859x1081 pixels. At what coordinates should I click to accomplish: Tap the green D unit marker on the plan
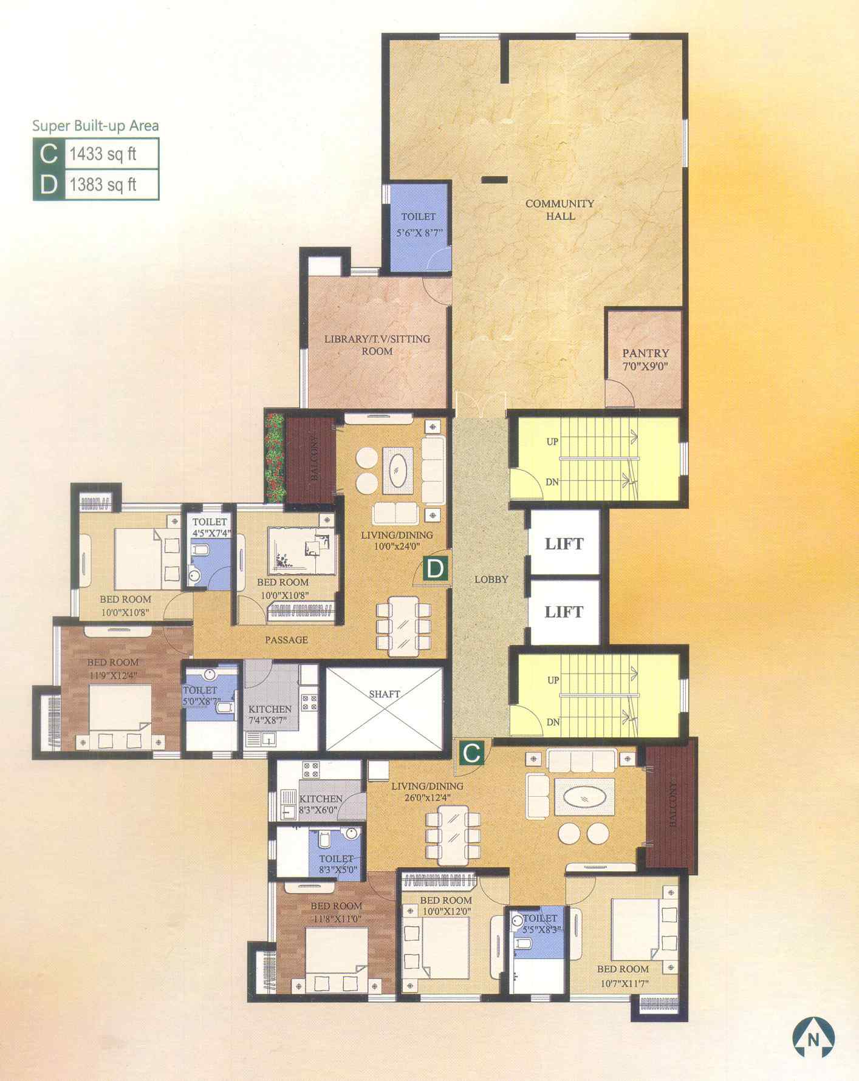(436, 569)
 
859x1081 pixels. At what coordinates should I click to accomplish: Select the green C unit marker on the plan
(471, 753)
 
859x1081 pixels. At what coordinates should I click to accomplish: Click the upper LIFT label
(564, 544)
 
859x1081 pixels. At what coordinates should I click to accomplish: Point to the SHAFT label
(385, 694)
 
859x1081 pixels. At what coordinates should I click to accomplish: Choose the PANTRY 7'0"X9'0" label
(645, 360)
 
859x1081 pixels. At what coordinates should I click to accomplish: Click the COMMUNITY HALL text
(560, 210)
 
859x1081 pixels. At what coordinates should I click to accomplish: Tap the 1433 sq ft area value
(103, 154)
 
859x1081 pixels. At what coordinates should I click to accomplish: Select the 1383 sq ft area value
(103, 184)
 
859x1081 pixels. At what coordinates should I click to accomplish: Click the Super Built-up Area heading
(95, 126)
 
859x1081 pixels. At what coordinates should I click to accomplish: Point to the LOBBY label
(491, 579)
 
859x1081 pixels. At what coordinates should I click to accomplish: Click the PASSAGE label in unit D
(286, 639)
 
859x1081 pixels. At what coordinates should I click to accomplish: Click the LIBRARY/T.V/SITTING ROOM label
(377, 345)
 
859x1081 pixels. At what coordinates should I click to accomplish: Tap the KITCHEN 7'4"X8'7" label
(270, 715)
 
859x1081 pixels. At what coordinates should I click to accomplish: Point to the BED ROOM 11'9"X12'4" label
(113, 668)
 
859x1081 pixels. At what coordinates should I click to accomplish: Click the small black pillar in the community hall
(494, 179)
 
